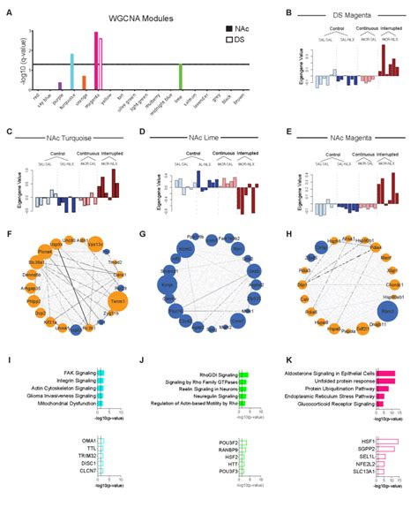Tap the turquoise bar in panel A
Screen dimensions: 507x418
[71, 72]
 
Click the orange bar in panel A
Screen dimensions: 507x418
[84, 82]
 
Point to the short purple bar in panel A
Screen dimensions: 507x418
[59, 86]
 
